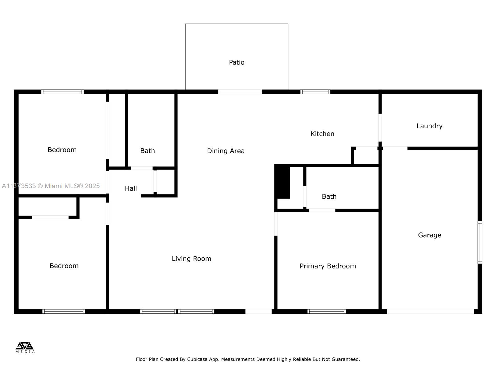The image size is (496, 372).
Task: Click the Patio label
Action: point(237,62)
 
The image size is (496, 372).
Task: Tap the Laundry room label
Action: point(429,126)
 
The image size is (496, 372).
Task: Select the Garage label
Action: point(429,235)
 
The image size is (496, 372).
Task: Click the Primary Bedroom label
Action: point(328,266)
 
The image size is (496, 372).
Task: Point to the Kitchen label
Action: point(322,134)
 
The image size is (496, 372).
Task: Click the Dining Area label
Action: point(226,151)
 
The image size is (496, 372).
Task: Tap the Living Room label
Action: point(192,259)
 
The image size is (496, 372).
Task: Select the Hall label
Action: point(131,188)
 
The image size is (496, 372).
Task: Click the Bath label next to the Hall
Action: point(148,151)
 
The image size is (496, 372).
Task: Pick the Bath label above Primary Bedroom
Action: point(329,197)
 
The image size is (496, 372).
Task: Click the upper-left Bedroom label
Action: point(62,150)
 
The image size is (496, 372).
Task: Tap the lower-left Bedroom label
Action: point(64,266)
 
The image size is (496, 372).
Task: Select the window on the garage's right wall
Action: point(480,242)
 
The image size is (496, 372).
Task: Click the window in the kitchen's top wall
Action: point(315,92)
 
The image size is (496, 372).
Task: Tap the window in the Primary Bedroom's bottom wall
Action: point(327,311)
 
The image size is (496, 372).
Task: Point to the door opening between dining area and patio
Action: point(240,92)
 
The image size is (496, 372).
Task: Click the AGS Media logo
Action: point(25,347)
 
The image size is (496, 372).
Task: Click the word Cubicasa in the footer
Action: point(198,359)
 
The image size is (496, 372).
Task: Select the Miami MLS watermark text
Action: point(51,186)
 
